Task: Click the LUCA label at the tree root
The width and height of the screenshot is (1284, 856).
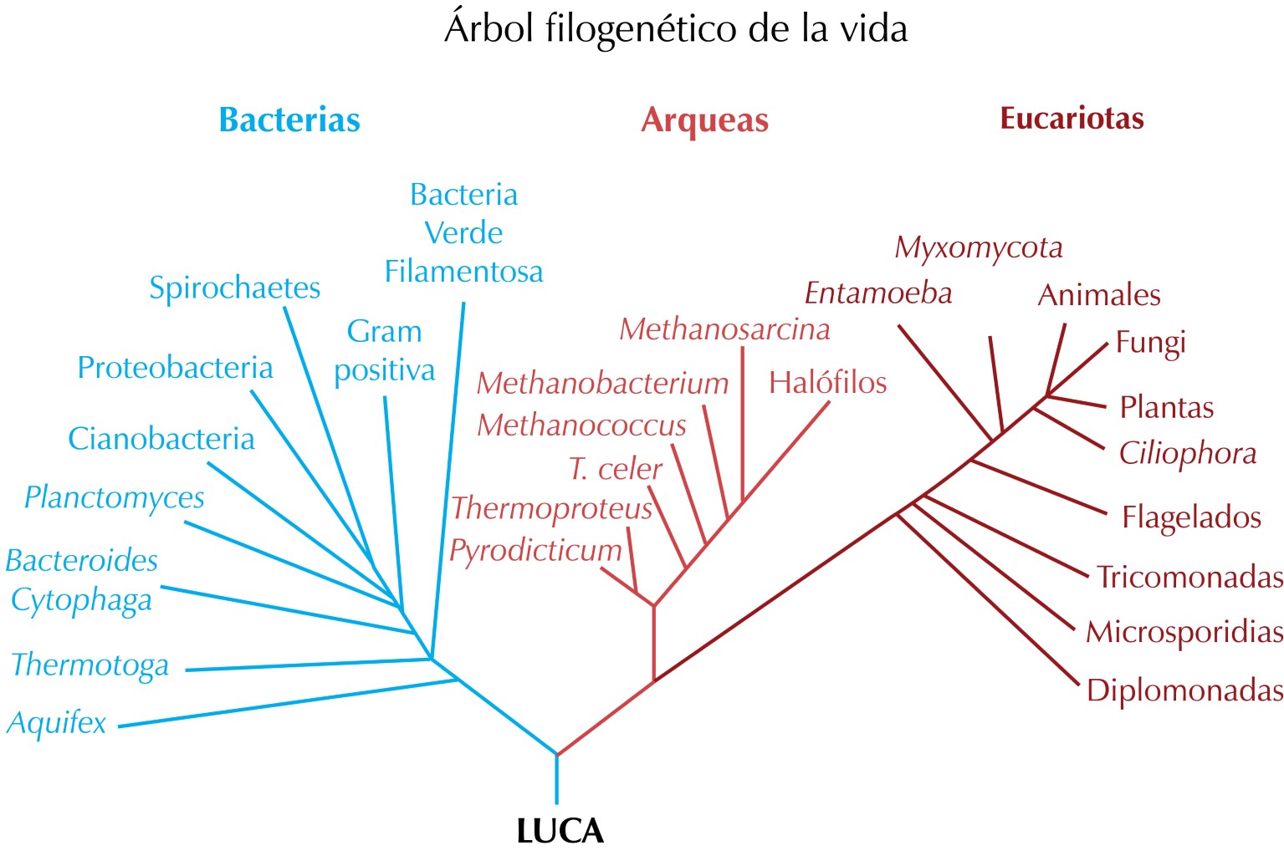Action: click(560, 831)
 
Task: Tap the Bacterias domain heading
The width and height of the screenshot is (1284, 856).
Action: click(289, 120)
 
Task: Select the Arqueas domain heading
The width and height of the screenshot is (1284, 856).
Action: click(704, 120)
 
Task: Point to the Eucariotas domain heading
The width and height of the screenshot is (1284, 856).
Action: click(1072, 119)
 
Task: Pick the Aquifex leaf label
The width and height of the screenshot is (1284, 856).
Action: click(57, 722)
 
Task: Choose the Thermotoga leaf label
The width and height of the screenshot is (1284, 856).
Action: click(90, 665)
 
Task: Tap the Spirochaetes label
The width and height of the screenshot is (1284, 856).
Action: click(234, 288)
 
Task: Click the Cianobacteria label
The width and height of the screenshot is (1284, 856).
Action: click(161, 439)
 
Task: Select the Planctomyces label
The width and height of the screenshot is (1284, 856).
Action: click(115, 498)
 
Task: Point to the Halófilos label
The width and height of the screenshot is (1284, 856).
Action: click(827, 383)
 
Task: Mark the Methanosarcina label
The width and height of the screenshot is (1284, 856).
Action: click(724, 329)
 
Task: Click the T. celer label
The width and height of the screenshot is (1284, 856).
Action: click(615, 469)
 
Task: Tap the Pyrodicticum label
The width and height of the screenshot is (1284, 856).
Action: click(535, 551)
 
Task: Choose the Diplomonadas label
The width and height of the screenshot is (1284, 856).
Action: click(1184, 690)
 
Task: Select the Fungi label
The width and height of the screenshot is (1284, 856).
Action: click(1151, 343)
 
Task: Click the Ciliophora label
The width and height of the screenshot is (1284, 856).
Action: click(1188, 454)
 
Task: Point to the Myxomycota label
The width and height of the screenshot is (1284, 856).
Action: click(979, 247)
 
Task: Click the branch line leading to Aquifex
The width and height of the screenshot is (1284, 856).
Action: click(284, 704)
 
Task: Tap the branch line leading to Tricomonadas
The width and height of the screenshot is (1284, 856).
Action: click(1004, 536)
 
